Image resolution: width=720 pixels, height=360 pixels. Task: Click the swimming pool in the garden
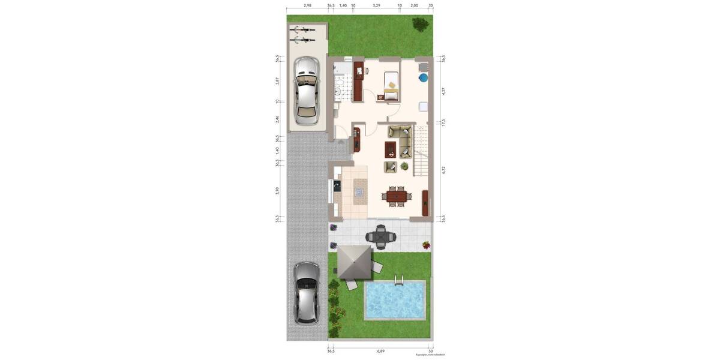[x=394, y=300]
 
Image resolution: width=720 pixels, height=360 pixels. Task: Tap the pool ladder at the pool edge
[x=399, y=280]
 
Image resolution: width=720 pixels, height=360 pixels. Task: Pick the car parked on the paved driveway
[x=305, y=292]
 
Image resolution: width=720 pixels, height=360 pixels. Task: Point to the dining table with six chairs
[x=396, y=195]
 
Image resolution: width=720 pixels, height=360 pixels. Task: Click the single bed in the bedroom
[x=391, y=85]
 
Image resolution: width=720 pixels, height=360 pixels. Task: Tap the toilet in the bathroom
[x=338, y=91]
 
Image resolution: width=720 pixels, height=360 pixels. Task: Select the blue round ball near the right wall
[x=423, y=77]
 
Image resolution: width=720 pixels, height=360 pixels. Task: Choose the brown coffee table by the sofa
[x=391, y=148]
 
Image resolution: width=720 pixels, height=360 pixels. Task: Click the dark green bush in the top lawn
[x=420, y=25]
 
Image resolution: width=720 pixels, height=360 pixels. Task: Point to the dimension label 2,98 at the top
[x=307, y=5]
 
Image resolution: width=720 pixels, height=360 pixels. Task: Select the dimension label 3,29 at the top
[x=376, y=5]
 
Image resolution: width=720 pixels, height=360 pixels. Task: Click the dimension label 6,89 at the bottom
[x=380, y=351]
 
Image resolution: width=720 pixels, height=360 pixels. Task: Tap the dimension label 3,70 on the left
[x=277, y=191]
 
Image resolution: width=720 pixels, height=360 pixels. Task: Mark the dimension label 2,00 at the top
[x=414, y=5]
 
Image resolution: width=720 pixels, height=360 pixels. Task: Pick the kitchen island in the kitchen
[x=359, y=192]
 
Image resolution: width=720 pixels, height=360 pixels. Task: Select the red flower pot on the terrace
[x=426, y=245]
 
